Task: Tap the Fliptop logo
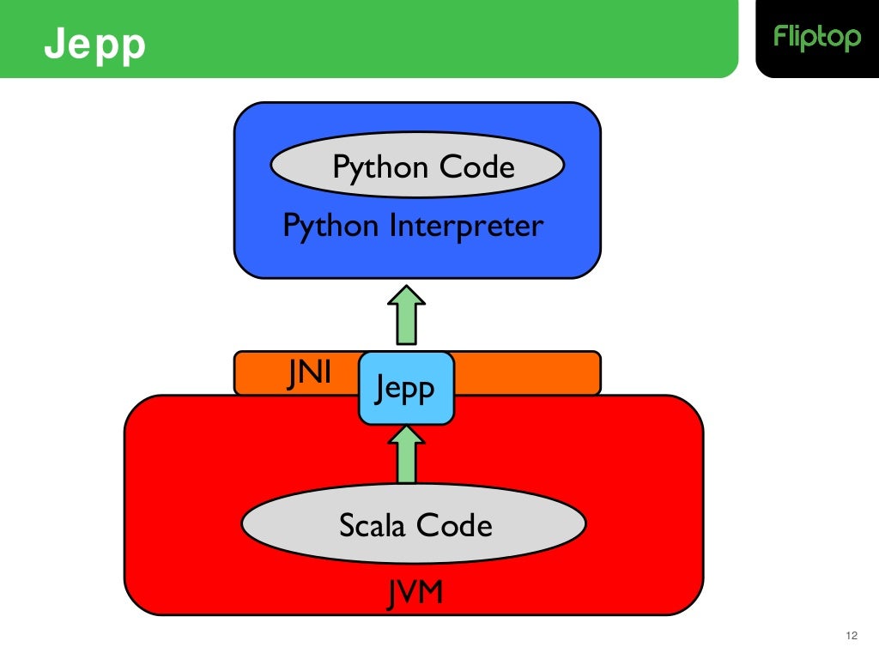pyautogui.click(x=816, y=38)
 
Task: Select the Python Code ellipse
pyautogui.click(x=417, y=166)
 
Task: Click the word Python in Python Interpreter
pyautogui.click(x=330, y=227)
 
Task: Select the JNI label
pyautogui.click(x=308, y=375)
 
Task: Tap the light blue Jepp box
pyautogui.click(x=406, y=389)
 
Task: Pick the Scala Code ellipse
pyautogui.click(x=415, y=523)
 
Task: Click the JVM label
pyautogui.click(x=415, y=591)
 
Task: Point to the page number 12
pyautogui.click(x=852, y=636)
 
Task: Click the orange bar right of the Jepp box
pyautogui.click(x=525, y=372)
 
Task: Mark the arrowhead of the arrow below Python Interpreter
pyautogui.click(x=406, y=297)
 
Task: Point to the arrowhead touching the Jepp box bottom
pyautogui.click(x=406, y=437)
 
